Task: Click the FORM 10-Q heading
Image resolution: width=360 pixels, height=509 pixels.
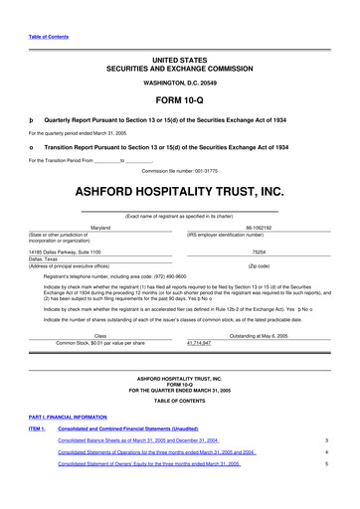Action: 179,100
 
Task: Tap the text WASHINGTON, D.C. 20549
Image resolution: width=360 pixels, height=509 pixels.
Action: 179,82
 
